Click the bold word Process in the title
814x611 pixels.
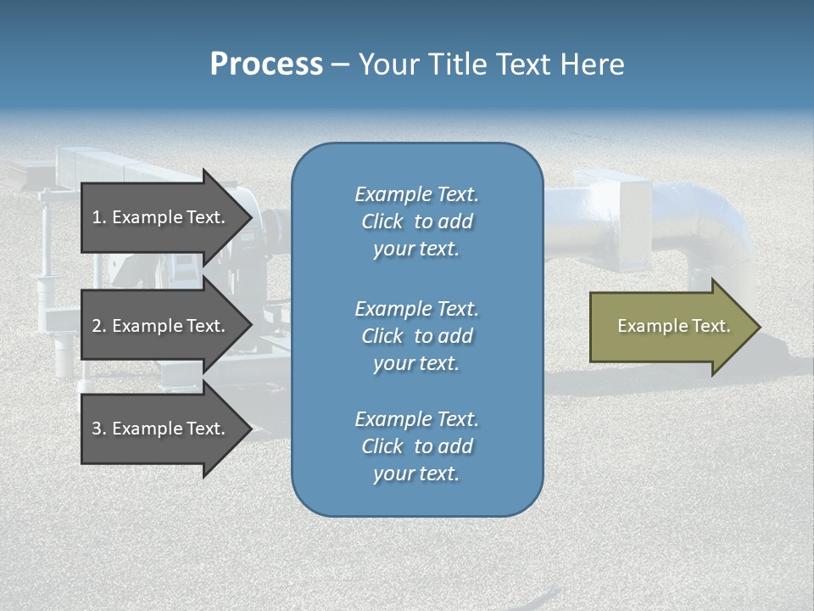(266, 64)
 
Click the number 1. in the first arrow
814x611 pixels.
(99, 217)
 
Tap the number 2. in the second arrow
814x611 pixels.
(99, 326)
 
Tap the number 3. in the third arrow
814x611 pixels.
(99, 429)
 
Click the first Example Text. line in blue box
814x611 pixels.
(416, 194)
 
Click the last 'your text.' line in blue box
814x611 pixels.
(416, 474)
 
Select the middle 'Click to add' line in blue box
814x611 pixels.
(416, 336)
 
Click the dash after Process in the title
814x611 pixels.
(341, 65)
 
